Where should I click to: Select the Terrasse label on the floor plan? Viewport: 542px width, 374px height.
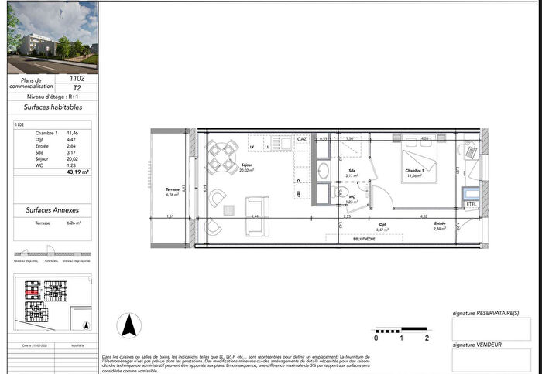coord(173,189)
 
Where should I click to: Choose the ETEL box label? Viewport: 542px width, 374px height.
coord(472,203)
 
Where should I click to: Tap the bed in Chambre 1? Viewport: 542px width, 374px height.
coord(420,161)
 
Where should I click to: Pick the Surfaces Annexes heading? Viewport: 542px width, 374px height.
coord(53,209)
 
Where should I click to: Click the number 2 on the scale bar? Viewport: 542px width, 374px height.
coord(427,338)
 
